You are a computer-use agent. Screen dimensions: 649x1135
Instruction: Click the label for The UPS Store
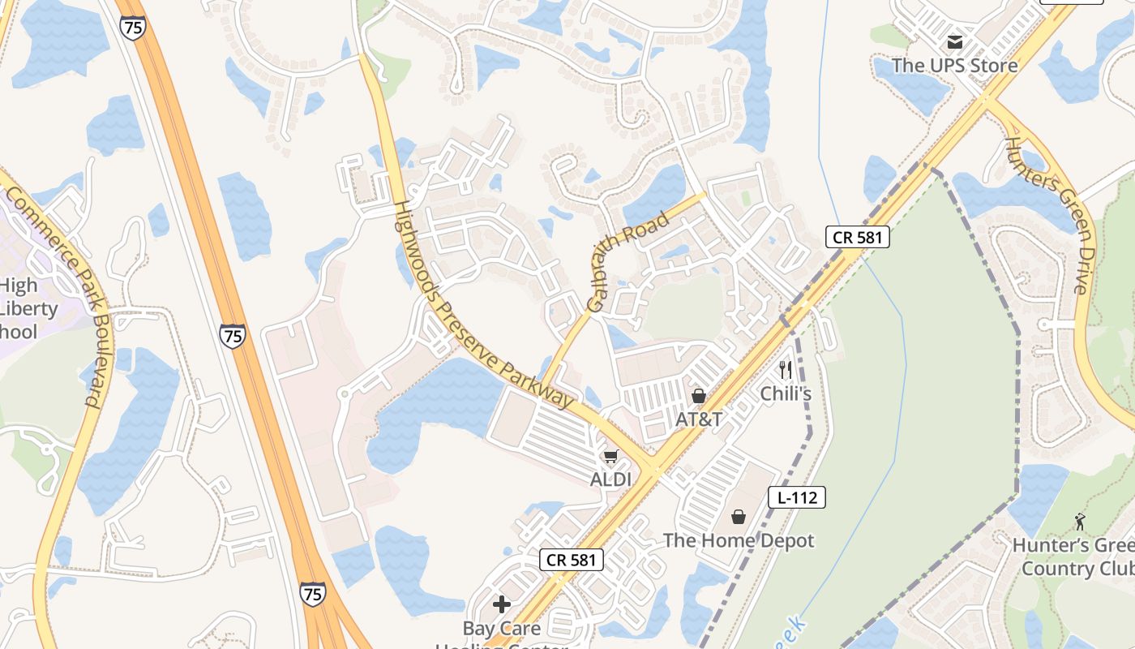point(954,65)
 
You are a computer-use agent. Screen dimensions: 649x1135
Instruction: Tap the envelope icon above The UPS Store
point(955,41)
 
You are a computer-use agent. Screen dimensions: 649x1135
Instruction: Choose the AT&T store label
point(698,419)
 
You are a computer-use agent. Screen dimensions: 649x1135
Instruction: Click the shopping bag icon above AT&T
point(698,396)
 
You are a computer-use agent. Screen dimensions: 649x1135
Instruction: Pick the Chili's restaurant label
point(785,394)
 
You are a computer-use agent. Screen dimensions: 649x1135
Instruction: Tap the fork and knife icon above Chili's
point(785,371)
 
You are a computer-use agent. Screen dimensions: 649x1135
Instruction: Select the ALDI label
point(610,479)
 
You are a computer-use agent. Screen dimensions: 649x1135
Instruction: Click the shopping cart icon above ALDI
point(610,457)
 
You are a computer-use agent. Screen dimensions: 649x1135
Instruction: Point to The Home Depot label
point(739,540)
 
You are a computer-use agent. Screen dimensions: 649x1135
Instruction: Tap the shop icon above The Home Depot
point(739,517)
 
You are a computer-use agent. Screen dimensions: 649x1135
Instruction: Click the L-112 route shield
point(796,497)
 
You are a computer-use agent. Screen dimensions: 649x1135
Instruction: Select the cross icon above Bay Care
point(502,604)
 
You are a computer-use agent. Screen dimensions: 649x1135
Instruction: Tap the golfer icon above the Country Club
point(1079,522)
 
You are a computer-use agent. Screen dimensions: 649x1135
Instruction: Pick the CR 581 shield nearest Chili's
point(858,237)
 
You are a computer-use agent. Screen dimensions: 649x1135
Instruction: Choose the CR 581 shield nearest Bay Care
point(572,559)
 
